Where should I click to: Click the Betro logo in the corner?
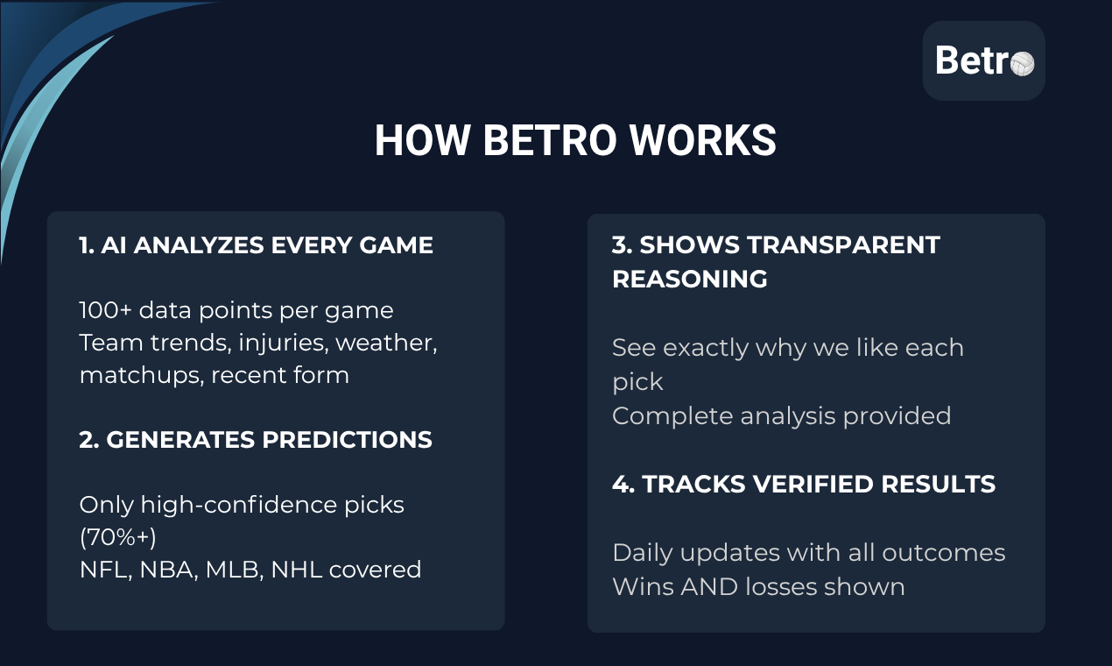[x=983, y=60]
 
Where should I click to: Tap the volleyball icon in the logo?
[x=1022, y=62]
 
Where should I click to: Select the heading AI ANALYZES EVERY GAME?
[x=256, y=245]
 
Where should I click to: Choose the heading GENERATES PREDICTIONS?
[x=256, y=440]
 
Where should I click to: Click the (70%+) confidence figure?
[x=117, y=537]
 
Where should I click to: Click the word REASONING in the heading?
[x=689, y=280]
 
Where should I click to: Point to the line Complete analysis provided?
[x=781, y=415]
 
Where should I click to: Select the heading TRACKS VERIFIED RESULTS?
[x=803, y=485]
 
